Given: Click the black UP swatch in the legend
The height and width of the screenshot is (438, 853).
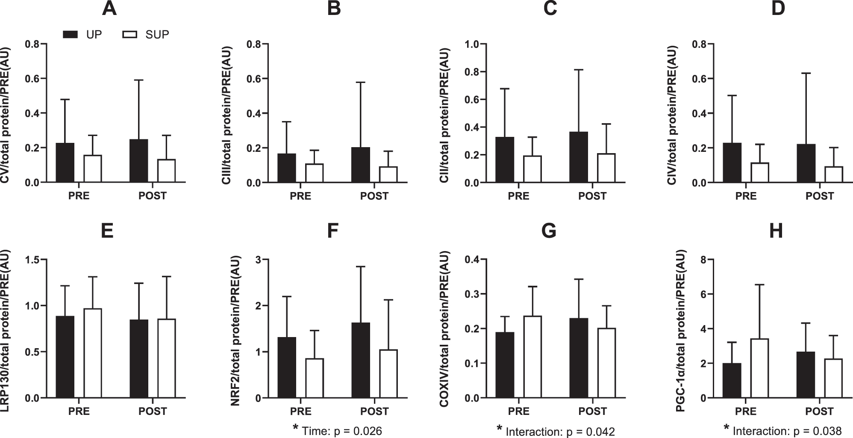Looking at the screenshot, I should pos(71,35).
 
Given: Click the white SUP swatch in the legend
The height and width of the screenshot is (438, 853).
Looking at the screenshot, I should pos(130,35).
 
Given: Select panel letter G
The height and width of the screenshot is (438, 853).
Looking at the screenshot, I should pos(549,231).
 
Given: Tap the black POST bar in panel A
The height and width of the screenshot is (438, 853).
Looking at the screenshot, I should pos(139,161).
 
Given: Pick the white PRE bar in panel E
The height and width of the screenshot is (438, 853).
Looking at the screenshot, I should pos(92,353).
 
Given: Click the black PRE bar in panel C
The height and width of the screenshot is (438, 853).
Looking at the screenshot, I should pos(505,160).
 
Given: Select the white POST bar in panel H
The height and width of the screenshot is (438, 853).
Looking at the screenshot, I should pos(833,378).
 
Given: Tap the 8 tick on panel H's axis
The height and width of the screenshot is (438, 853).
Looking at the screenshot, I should pos(703,260).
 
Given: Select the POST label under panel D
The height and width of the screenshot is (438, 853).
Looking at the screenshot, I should pos(820,196).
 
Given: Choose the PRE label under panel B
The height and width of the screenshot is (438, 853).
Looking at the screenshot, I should pos(300,196).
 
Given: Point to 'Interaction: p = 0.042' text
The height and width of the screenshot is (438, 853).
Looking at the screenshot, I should pos(560,431).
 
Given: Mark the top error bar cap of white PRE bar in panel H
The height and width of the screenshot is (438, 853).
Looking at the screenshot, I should pos(759,285).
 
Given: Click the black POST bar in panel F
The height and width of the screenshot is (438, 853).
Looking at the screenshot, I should pos(361,360).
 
